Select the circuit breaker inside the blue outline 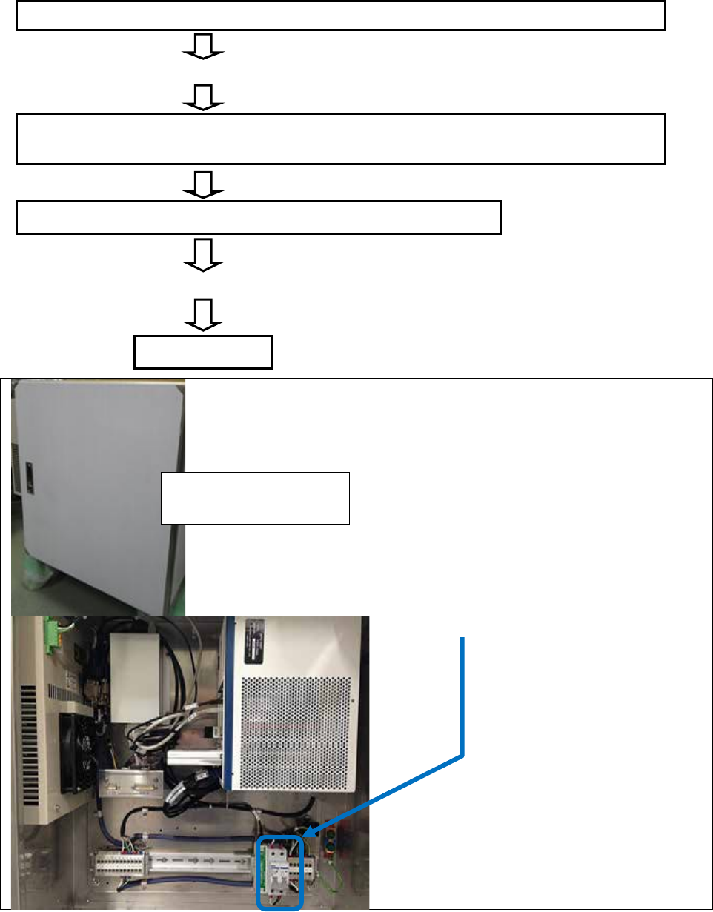coord(279,870)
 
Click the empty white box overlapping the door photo coord(255,498)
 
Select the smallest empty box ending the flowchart coord(203,352)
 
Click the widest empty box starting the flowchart coord(341,16)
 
